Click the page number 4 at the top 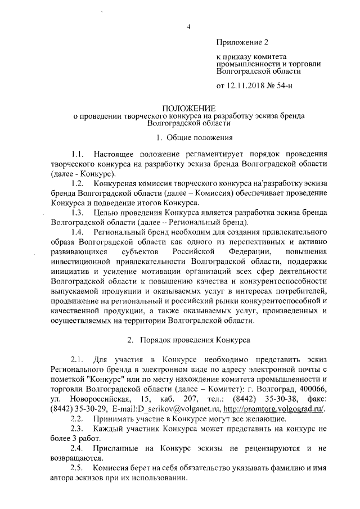point(189,26)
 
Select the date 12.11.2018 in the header point(247,86)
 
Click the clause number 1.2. point(77,184)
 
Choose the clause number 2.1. point(77,359)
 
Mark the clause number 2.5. point(77,468)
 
